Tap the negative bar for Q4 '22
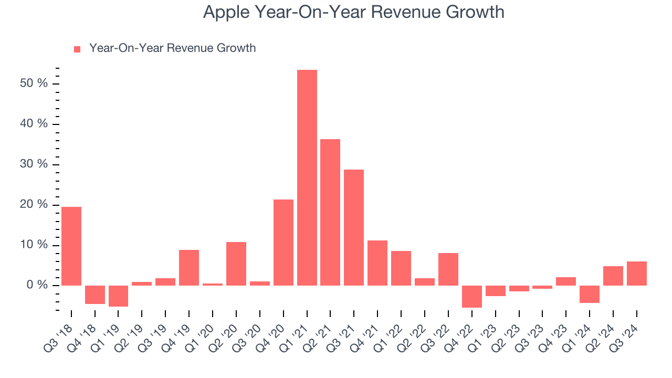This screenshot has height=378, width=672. click(471, 296)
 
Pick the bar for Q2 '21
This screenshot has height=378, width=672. click(330, 212)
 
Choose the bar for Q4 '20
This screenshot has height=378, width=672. click(283, 242)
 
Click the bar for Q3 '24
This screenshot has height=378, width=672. click(636, 273)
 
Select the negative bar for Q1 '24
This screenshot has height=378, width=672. click(590, 294)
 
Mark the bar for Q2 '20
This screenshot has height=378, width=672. click(236, 264)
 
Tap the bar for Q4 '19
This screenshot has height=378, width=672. click(189, 267)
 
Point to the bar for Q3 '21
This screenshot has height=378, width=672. click(354, 227)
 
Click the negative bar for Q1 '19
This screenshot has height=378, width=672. click(118, 296)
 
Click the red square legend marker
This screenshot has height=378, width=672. click(77, 49)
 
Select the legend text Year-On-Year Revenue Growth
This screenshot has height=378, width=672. click(172, 48)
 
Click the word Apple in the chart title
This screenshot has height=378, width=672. click(225, 12)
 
